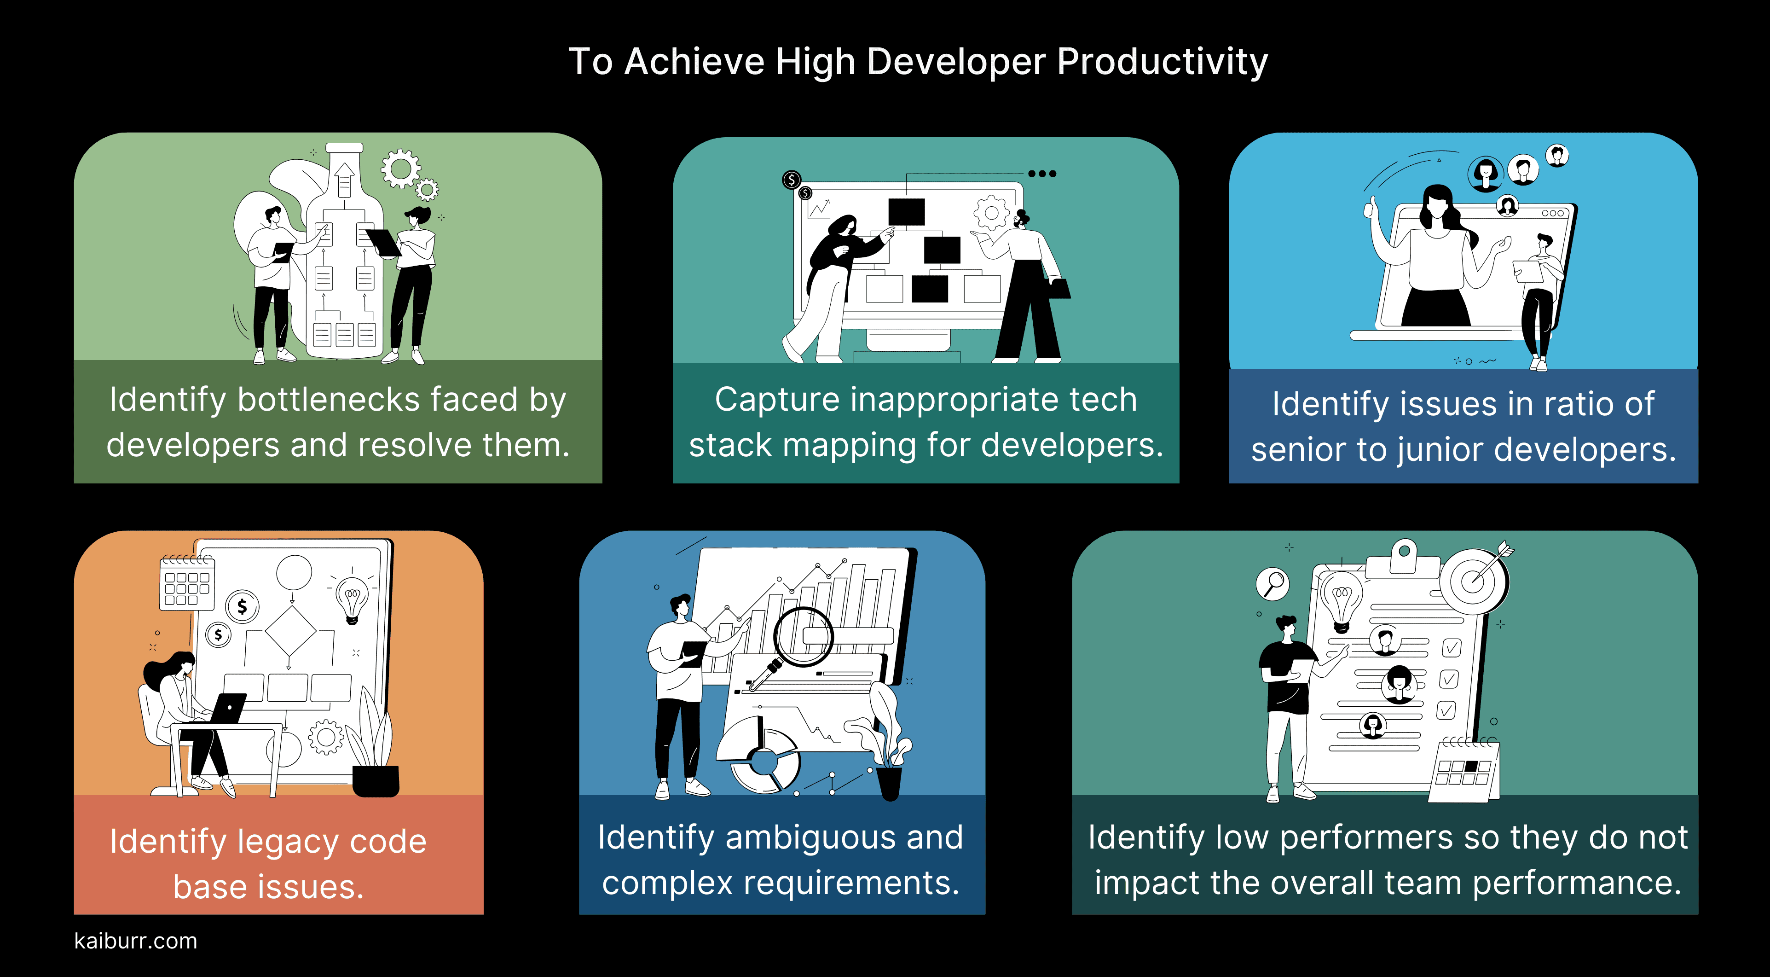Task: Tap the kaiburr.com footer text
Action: pos(135,941)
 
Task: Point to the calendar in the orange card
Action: pos(186,584)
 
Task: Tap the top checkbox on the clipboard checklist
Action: pos(1451,647)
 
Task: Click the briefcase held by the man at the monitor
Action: pos(1058,288)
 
